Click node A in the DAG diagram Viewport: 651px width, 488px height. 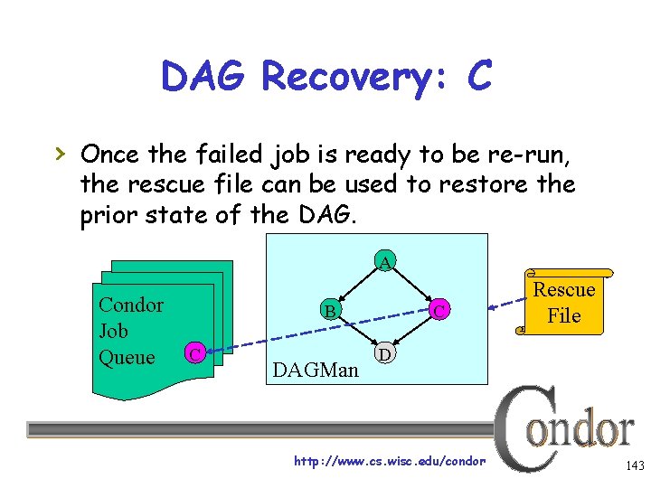point(385,263)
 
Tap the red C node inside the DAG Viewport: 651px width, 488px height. point(438,312)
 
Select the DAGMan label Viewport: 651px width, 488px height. point(316,370)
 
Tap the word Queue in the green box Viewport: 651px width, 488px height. point(127,358)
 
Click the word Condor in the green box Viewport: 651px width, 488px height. point(131,305)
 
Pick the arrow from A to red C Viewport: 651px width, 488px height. point(411,286)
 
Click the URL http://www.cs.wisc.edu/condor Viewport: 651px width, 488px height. point(391,462)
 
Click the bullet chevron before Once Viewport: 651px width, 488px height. point(60,155)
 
